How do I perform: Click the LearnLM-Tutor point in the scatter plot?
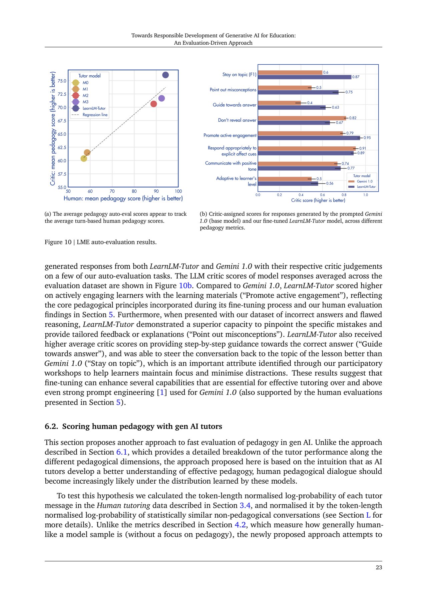pyautogui.click(x=165, y=75)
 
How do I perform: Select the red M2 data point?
pyautogui.click(x=154, y=104)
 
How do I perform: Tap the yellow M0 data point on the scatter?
pyautogui.click(x=84, y=158)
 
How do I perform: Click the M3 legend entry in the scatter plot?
pyautogui.click(x=85, y=102)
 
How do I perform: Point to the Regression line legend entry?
pyautogui.click(x=95, y=115)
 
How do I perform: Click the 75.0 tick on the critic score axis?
pyautogui.click(x=62, y=81)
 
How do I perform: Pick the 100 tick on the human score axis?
pyautogui.click(x=178, y=191)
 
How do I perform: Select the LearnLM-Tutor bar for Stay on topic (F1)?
pyautogui.click(x=305, y=77)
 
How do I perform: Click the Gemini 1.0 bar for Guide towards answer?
pyautogui.click(x=280, y=103)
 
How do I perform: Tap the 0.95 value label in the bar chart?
pyautogui.click(x=367, y=138)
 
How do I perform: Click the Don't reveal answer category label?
pyautogui.click(x=237, y=120)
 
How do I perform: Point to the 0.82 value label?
pyautogui.click(x=353, y=118)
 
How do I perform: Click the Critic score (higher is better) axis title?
pyautogui.click(x=318, y=200)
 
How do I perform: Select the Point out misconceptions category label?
pyautogui.click(x=233, y=90)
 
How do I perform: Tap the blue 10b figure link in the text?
pyautogui.click(x=185, y=286)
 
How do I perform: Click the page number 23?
pyautogui.click(x=379, y=568)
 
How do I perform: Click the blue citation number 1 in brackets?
pyautogui.click(x=162, y=393)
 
